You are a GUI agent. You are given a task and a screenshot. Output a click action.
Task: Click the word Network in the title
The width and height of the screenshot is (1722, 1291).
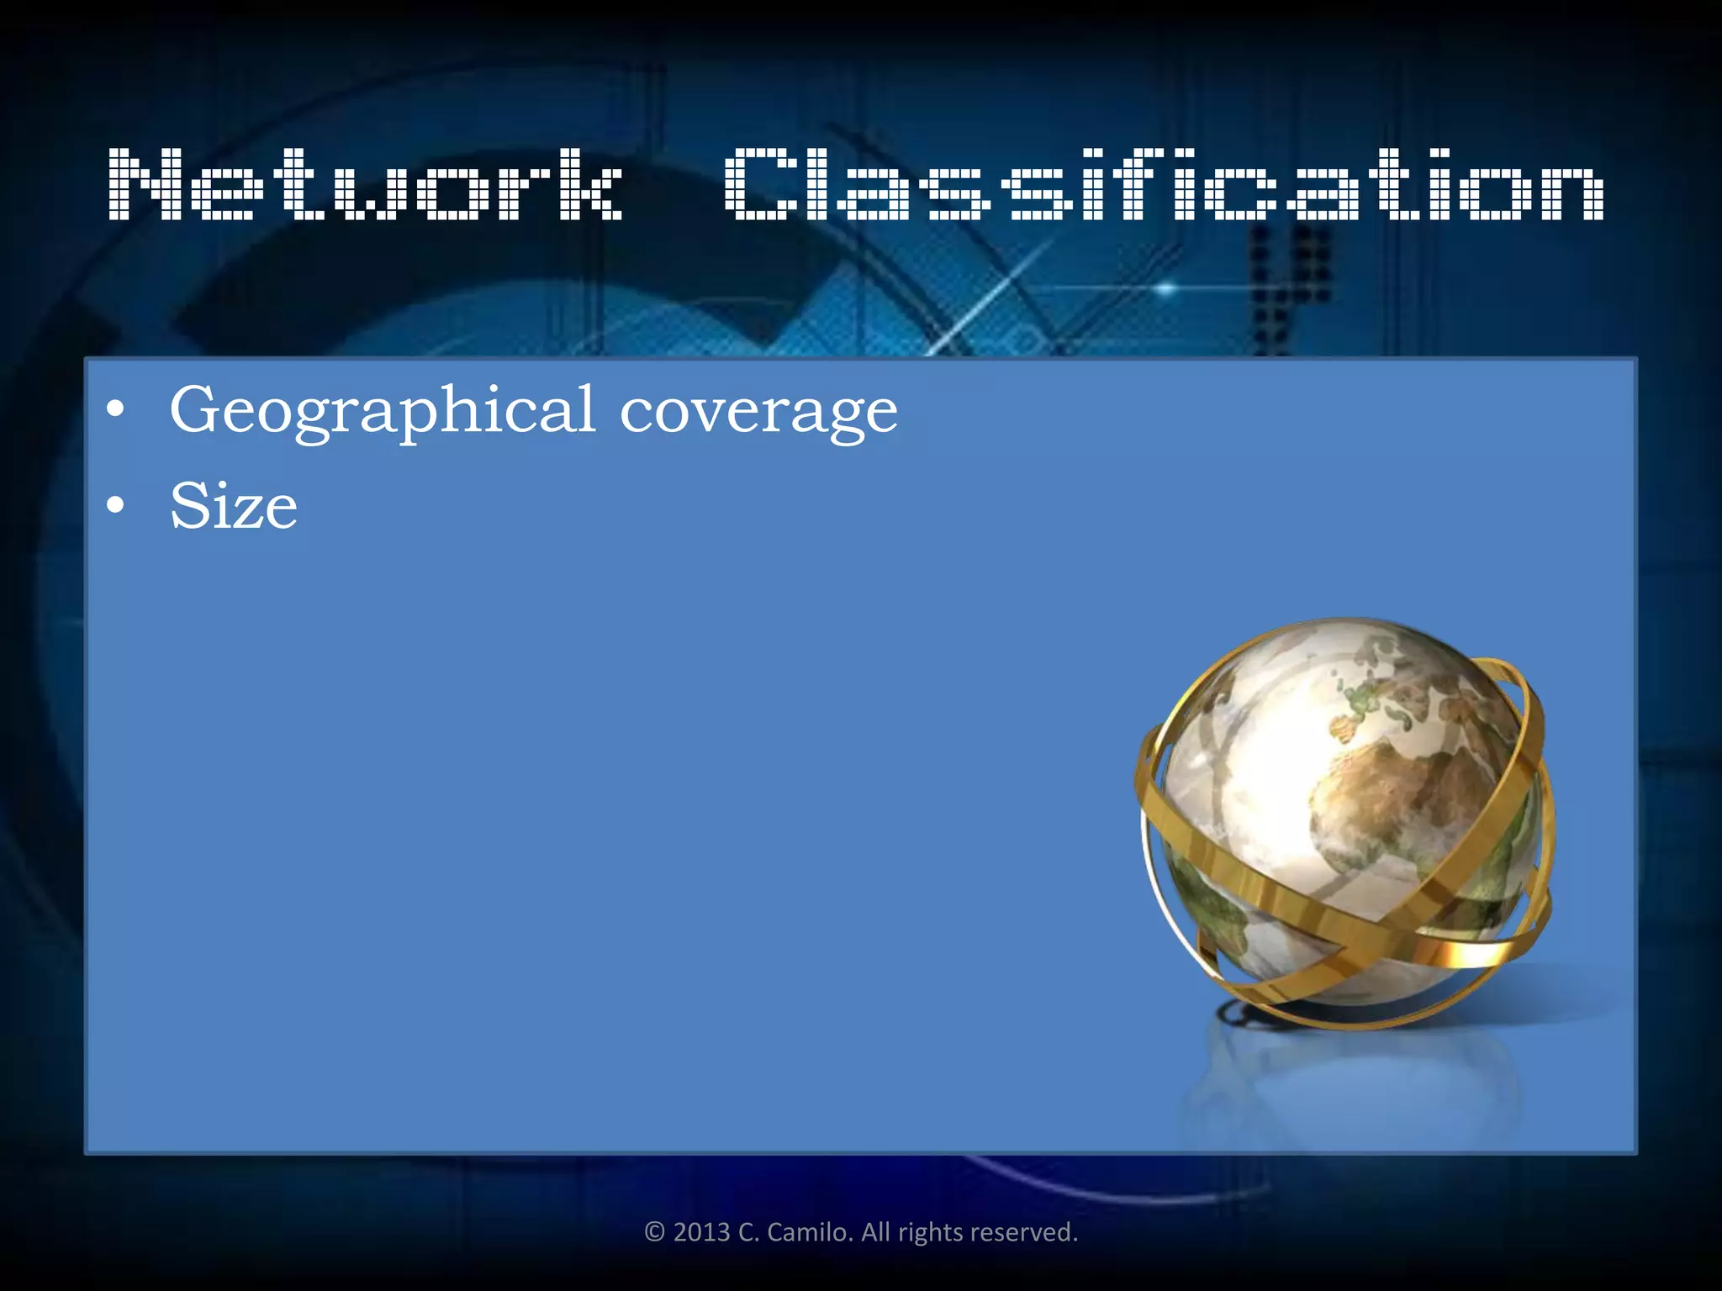coord(366,184)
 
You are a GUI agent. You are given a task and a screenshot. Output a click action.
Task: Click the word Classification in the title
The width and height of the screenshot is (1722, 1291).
coord(1164,184)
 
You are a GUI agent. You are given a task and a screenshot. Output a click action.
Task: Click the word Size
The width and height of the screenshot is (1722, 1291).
coord(234,506)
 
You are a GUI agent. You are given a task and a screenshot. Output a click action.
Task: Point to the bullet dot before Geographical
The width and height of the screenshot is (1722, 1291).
coord(116,410)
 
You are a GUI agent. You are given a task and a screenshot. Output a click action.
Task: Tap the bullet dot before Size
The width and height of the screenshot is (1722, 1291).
coord(116,505)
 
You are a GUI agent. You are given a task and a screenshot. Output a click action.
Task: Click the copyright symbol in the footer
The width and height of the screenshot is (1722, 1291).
coord(655,1232)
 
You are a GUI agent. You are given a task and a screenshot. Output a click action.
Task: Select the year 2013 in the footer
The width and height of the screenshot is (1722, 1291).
coord(701,1232)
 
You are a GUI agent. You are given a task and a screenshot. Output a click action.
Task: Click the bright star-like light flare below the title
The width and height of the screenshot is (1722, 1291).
coord(1165,288)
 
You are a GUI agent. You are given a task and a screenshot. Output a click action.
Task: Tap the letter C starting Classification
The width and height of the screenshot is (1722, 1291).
coord(757,184)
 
